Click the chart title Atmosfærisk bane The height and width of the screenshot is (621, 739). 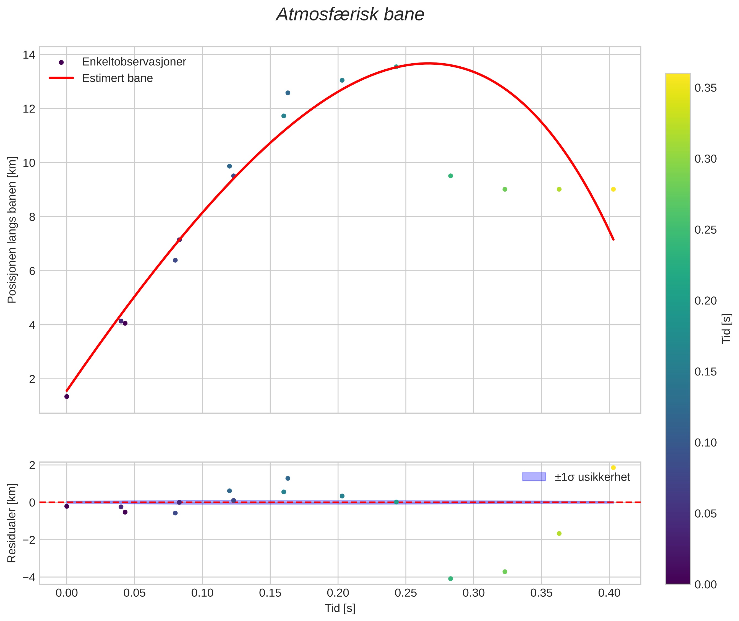(350, 15)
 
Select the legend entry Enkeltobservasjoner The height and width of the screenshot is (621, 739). (134, 62)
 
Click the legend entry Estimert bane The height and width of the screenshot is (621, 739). (117, 78)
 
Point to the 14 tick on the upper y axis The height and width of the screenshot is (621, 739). (29, 55)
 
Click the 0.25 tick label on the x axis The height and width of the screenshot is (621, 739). (406, 593)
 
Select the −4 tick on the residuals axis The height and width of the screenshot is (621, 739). (29, 577)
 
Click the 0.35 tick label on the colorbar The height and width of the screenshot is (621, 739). (706, 88)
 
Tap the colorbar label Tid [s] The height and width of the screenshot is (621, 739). (726, 328)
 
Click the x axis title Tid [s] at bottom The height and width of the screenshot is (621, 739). (340, 608)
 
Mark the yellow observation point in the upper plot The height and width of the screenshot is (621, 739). (613, 189)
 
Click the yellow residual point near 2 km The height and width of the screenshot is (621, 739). (613, 468)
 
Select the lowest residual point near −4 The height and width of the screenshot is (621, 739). (451, 579)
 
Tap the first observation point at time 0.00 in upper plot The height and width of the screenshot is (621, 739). (67, 397)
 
